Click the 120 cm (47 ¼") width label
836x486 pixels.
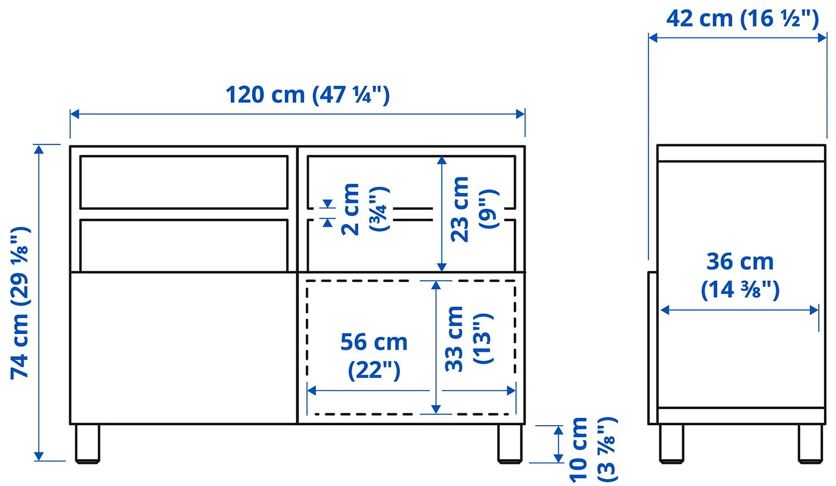click(x=307, y=95)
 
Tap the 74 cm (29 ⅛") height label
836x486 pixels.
click(x=20, y=302)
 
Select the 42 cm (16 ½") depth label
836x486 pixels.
click(x=743, y=19)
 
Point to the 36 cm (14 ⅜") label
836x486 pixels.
click(x=740, y=275)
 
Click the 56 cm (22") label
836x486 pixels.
click(x=374, y=355)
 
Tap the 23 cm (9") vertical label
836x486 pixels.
click(x=474, y=209)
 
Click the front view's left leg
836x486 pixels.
click(x=87, y=443)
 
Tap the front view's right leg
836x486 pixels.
click(x=510, y=443)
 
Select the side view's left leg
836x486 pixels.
click(x=671, y=443)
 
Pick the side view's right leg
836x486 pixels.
click(x=810, y=443)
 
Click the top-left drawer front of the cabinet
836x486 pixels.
click(x=184, y=182)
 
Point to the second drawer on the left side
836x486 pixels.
click(x=184, y=245)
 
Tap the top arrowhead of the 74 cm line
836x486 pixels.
click(x=39, y=149)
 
